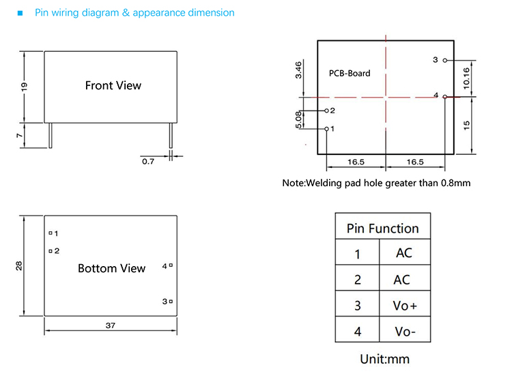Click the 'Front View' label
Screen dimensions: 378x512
113,85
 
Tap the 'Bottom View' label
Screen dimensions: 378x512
112,268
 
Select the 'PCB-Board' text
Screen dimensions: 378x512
350,73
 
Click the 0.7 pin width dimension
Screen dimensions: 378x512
148,162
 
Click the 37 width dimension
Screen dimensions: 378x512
111,325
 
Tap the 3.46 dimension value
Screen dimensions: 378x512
298,70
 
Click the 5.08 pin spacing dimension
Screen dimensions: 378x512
298,120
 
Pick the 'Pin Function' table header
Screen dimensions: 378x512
383,229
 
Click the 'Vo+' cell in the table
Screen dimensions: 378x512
405,305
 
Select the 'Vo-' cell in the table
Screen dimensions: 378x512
405,332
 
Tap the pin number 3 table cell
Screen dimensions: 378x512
357,305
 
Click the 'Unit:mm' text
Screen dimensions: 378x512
385,359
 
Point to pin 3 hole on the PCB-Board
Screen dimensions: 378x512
444,61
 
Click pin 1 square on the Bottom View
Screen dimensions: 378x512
51,233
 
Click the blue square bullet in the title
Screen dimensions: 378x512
20,13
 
